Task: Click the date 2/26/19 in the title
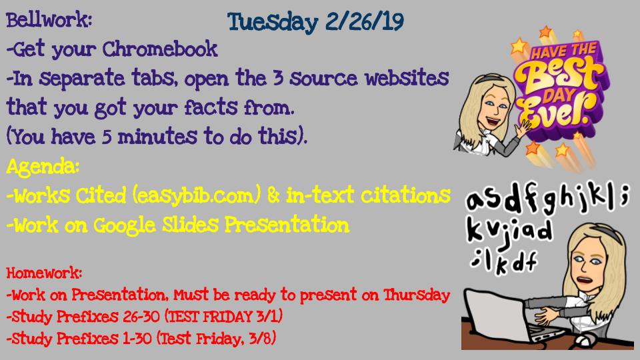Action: [x=365, y=21]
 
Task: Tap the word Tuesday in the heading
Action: [x=272, y=23]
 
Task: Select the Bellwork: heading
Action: [x=49, y=20]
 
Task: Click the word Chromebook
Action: [x=159, y=49]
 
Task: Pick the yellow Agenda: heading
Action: [x=43, y=167]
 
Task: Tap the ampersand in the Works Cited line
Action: [x=273, y=196]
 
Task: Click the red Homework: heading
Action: [x=44, y=273]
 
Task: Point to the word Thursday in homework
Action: [x=416, y=294]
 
